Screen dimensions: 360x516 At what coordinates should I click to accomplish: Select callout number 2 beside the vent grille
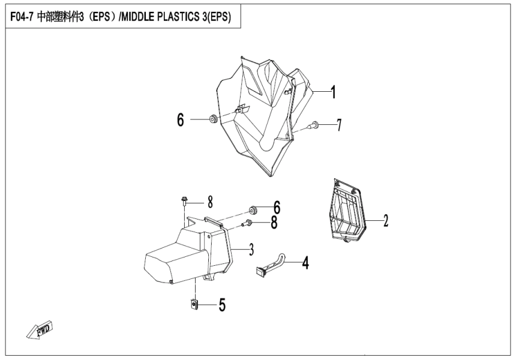[x=386, y=220]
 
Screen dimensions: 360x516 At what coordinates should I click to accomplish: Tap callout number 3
[x=235, y=248]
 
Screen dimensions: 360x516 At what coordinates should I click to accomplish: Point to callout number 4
[x=305, y=262]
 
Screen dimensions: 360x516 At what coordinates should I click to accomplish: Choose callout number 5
[x=222, y=306]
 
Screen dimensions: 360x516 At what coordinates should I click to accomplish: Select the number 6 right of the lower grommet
[x=277, y=208]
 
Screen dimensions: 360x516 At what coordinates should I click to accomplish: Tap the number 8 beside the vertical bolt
[x=211, y=200]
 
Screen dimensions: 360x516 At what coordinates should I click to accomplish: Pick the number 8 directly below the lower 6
[x=274, y=223]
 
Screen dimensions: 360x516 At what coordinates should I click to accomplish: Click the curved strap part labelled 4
[x=272, y=264]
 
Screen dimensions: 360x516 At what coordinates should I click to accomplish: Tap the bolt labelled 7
[x=314, y=125]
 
